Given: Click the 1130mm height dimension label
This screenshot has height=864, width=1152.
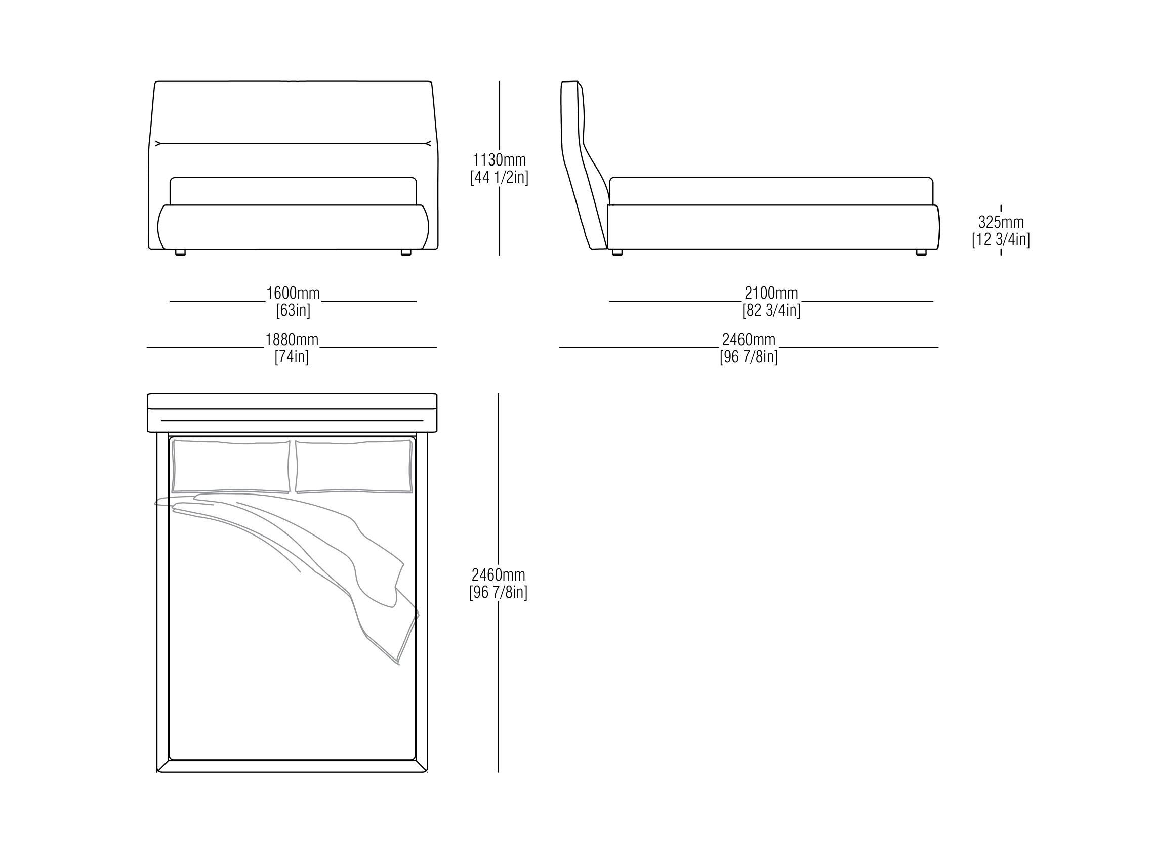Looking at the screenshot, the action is point(499,159).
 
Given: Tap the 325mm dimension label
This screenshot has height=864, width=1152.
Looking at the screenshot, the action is point(1001,222).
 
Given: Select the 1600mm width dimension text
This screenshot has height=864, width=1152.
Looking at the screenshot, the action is point(293,293).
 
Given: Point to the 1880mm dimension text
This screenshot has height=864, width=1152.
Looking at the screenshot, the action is point(292,340).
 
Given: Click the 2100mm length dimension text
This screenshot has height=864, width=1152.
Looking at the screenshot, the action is point(771,293).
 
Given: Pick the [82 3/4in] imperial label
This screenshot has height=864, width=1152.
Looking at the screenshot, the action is point(771,310).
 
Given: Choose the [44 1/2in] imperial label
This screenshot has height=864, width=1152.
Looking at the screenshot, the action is point(499,177).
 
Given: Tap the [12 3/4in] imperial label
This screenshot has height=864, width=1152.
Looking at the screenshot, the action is point(1001,239).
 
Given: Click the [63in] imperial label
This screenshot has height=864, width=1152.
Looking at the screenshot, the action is point(293,310).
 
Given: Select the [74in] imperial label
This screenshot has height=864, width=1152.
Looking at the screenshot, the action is point(292,357).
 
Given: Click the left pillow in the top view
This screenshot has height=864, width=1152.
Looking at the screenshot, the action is point(231,467).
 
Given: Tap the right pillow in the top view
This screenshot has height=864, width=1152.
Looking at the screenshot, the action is point(354,467).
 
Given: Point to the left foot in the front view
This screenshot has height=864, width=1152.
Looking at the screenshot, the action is point(180,252).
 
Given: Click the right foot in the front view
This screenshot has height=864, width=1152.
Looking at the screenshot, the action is point(406,252).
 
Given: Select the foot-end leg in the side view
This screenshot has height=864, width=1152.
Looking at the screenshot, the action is point(921,252).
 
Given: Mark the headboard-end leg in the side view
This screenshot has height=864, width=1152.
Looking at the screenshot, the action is point(617,252).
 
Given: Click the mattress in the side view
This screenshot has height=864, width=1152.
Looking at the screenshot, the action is point(771,191).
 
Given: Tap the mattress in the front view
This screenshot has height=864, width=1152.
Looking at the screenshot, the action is point(293,191).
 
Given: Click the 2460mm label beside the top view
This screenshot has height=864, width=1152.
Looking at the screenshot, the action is point(499,575).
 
